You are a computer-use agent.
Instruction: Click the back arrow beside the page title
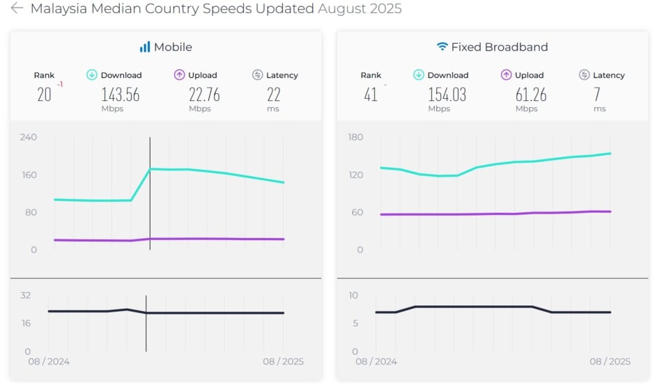point(17,9)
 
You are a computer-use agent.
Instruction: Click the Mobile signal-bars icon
point(144,47)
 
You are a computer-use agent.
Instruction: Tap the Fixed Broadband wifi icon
point(442,47)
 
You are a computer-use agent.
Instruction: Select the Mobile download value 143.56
point(121,95)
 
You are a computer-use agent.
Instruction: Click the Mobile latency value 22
point(273,95)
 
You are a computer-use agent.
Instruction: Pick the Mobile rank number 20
point(44,95)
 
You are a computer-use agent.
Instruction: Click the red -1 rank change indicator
point(60,84)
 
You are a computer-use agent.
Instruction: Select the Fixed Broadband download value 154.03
point(447,95)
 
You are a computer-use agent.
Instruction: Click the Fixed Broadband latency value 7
point(597,95)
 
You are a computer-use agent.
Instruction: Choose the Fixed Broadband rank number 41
point(371,95)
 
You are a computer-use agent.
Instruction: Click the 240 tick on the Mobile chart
point(29,137)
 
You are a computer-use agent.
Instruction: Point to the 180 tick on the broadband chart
point(355,137)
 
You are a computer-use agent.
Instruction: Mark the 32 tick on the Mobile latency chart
point(26,296)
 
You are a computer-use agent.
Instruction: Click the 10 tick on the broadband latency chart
point(353,296)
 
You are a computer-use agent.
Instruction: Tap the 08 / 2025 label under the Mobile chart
point(284,362)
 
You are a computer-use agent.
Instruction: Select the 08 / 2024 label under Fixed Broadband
point(376,362)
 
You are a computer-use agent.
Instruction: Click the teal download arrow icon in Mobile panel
point(91,75)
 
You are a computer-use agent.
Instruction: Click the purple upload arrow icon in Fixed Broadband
point(506,75)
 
